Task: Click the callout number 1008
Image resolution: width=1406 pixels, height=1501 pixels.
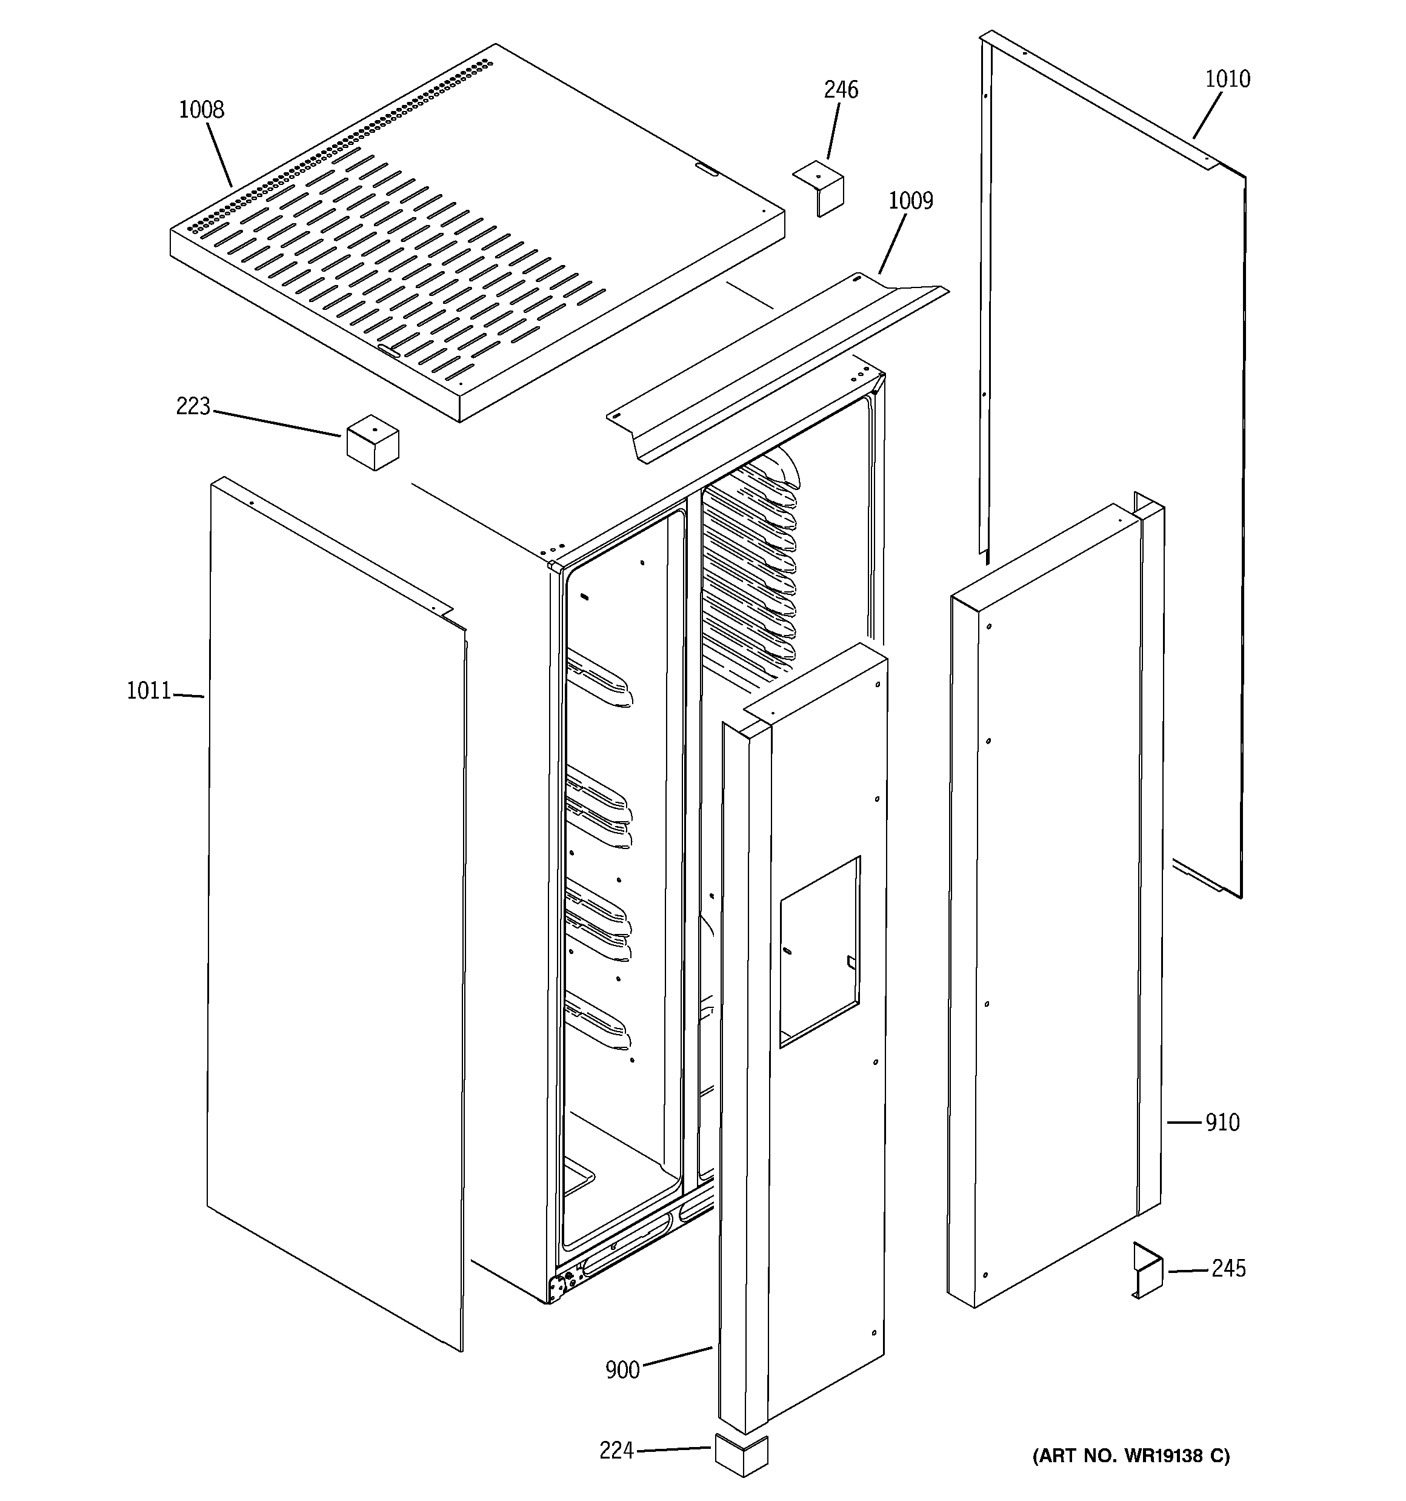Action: (201, 110)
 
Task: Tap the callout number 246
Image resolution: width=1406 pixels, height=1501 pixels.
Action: (841, 90)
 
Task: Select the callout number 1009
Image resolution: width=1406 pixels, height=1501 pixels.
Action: (910, 201)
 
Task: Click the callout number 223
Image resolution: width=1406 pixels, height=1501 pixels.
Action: (193, 407)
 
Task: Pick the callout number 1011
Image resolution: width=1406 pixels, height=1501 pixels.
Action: (148, 691)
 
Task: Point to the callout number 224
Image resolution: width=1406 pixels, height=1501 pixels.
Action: (616, 1451)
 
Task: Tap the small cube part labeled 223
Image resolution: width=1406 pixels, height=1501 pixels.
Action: (372, 442)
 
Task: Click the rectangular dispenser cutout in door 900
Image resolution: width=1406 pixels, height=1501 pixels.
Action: (819, 952)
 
